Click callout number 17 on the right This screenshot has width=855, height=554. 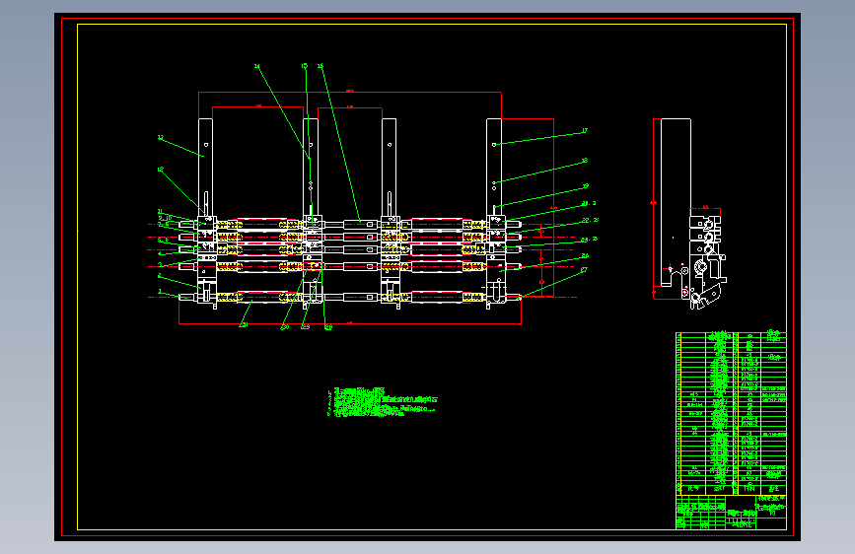click(584, 130)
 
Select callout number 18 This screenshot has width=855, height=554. click(584, 160)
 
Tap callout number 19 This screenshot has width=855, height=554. click(585, 185)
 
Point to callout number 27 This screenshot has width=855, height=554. click(584, 268)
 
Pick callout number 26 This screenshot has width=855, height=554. click(585, 254)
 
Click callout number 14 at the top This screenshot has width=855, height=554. click(257, 67)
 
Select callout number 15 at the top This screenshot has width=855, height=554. click(305, 66)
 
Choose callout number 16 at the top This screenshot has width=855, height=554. click(321, 66)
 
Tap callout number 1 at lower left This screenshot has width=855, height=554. click(160, 292)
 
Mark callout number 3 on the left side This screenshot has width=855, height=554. click(160, 264)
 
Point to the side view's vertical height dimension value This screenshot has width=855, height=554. click(652, 203)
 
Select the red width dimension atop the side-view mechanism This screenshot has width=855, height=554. click(704, 207)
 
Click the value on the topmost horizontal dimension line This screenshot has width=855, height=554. click(350, 91)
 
